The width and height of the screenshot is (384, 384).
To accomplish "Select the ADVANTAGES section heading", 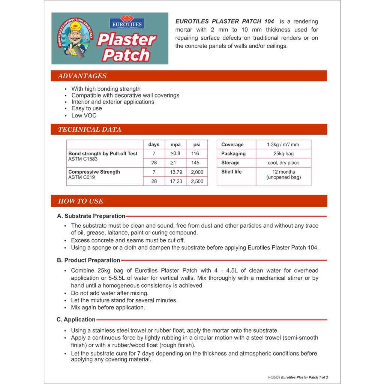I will [x=82, y=76].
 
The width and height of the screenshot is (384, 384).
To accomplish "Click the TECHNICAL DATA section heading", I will [x=90, y=130].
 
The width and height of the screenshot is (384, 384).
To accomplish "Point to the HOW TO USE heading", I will [x=81, y=201].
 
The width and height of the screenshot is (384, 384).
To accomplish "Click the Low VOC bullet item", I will [x=84, y=115].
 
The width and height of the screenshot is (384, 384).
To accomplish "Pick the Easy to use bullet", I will [x=87, y=108].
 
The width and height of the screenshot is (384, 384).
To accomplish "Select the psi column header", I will [x=197, y=145].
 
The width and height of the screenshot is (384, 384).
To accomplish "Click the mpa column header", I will [x=175, y=145].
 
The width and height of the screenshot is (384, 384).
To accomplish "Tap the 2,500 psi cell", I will [x=197, y=181].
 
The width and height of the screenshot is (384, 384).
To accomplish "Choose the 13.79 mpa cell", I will [x=175, y=172].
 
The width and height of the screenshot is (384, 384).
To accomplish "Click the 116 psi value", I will [x=195, y=154].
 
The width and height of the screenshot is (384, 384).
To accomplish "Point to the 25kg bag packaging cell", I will [x=283, y=154].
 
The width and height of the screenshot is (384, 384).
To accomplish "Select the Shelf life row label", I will [x=231, y=172].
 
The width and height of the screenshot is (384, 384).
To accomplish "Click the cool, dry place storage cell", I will [x=283, y=163].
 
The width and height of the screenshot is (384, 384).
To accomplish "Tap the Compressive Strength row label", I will [x=94, y=172].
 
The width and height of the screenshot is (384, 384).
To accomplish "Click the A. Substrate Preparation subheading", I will [x=91, y=216].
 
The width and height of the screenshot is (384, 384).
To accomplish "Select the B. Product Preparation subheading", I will [x=88, y=260].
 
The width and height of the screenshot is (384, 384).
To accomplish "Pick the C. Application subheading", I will [x=76, y=319].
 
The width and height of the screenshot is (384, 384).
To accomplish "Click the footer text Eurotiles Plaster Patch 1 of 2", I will [x=304, y=378].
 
